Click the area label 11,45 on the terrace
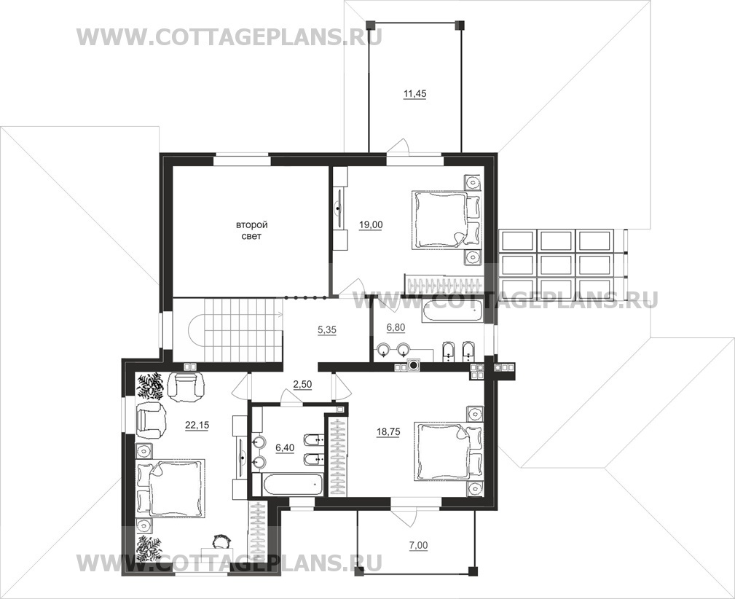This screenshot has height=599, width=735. point(414,94)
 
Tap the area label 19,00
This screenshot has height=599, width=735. point(371,225)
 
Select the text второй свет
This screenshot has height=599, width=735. point(251,231)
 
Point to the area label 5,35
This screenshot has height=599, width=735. point(327,330)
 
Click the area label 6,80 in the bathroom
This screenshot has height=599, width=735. point(396,327)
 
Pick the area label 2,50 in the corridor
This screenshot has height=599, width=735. point(302,385)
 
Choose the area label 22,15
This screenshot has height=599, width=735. point(197,426)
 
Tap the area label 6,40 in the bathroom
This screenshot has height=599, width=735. point(285,448)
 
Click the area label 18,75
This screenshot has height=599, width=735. point(388,432)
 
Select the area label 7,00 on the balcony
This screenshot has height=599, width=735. point(418,546)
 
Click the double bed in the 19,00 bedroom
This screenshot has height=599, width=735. point(446,219)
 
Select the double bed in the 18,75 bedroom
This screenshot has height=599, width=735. point(449,451)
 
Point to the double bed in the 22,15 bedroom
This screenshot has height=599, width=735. point(170,489)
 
